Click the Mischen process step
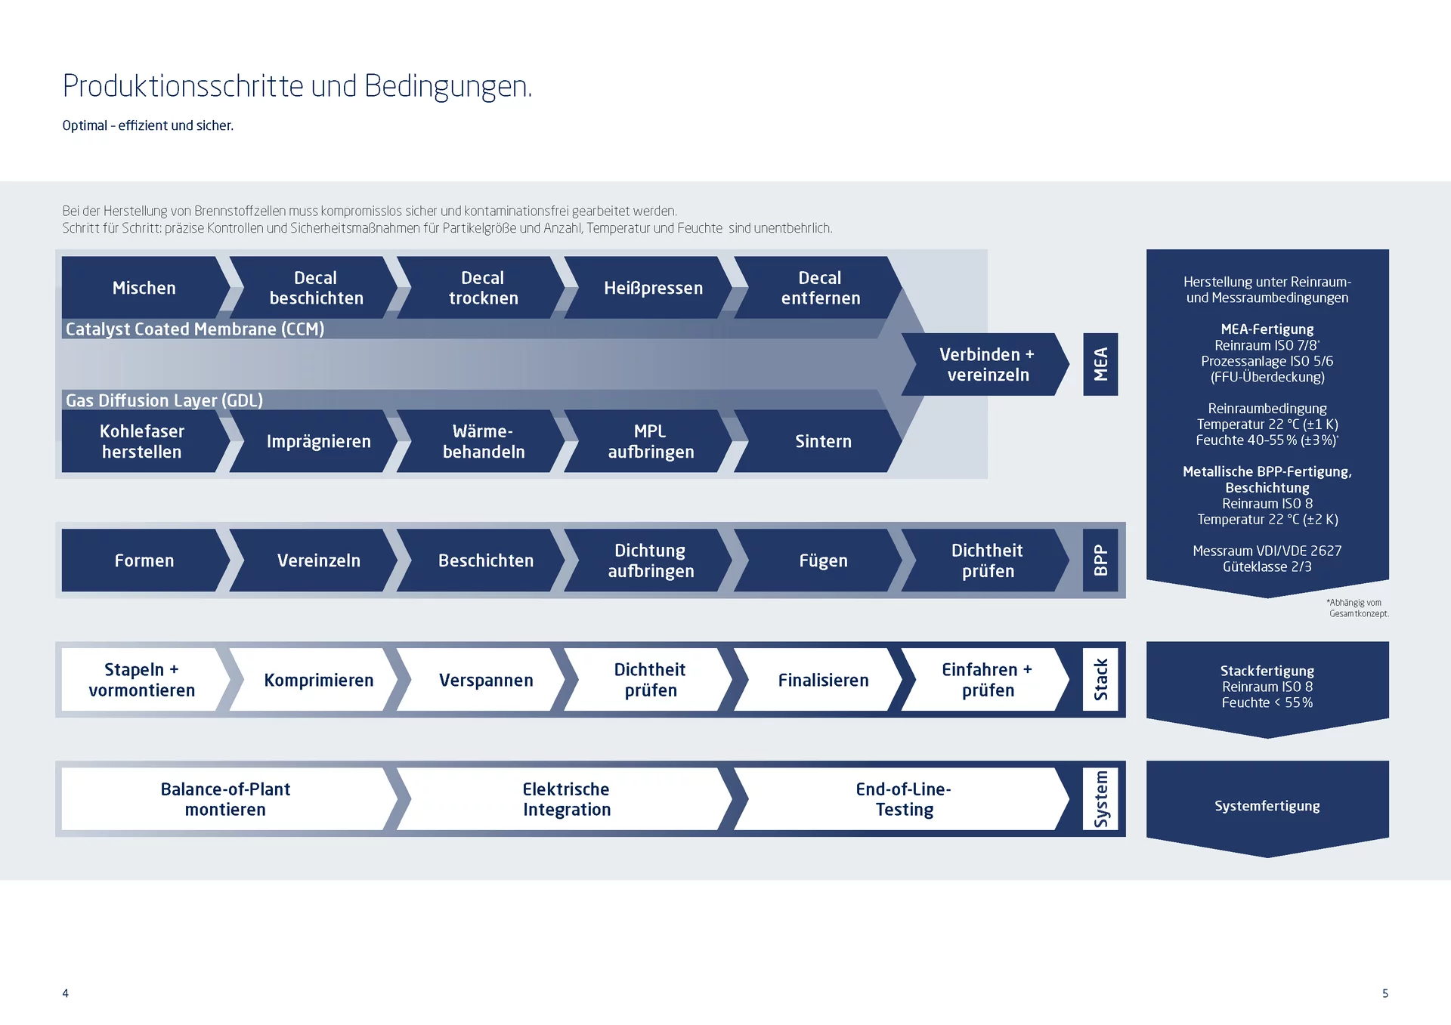click(144, 288)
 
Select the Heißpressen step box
click(653, 288)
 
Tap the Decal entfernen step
click(820, 288)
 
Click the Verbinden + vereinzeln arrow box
click(986, 365)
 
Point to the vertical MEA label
click(1100, 364)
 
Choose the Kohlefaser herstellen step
click(142, 441)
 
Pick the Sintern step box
click(822, 441)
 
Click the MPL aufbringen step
click(651, 441)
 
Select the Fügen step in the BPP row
click(822, 560)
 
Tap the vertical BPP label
click(1100, 560)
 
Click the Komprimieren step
click(318, 680)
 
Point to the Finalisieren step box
click(822, 680)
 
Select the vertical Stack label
click(1100, 680)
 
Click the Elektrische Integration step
click(566, 799)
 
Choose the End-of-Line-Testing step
click(903, 799)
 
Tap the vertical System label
click(1100, 799)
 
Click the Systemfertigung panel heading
click(1267, 806)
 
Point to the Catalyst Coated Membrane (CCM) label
click(195, 329)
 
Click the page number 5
click(1384, 993)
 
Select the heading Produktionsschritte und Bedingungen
click(297, 86)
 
